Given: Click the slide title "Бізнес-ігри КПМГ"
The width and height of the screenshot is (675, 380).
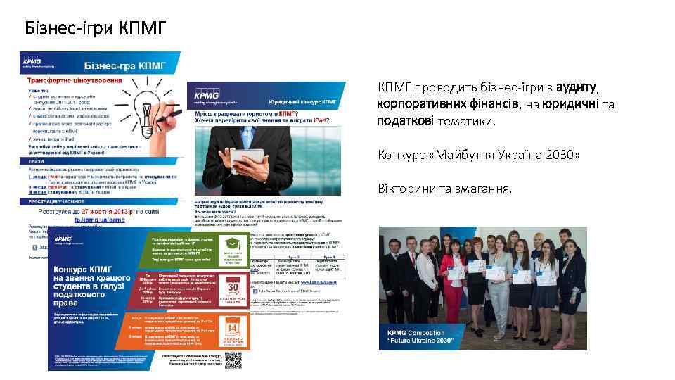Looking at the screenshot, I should pyautogui.click(x=96, y=28).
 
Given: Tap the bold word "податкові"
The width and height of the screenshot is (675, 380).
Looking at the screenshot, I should pyautogui.click(x=402, y=121).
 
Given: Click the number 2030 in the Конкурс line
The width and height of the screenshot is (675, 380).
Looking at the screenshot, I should pyautogui.click(x=559, y=154).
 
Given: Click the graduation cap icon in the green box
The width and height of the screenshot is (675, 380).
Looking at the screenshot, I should pyautogui.click(x=233, y=243).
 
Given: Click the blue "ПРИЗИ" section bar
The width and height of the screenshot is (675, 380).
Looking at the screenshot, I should pyautogui.click(x=98, y=162).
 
